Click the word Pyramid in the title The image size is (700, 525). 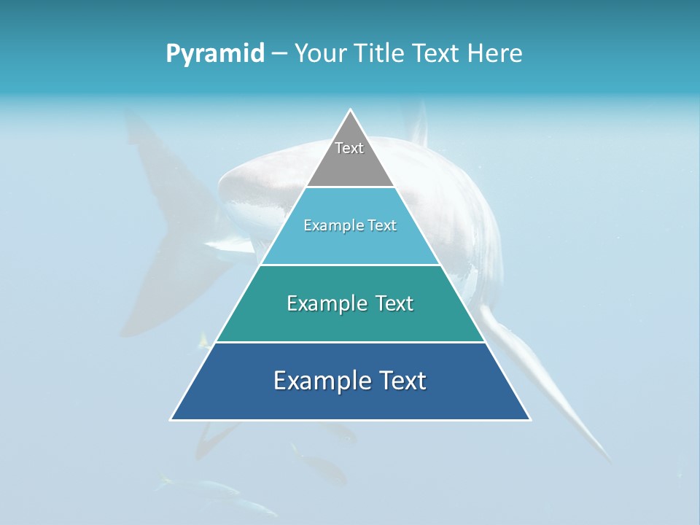215,54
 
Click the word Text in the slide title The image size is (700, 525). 438,54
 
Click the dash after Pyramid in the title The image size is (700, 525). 279,54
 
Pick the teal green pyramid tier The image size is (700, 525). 350,321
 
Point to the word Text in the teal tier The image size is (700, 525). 394,303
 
